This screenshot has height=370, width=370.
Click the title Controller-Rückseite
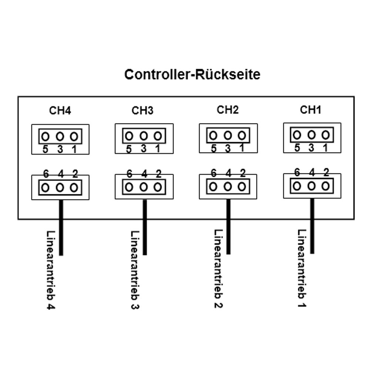tap(192, 74)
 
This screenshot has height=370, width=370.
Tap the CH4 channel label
tap(60, 111)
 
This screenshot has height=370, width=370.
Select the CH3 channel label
tap(142, 110)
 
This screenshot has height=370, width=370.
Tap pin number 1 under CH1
tap(325, 148)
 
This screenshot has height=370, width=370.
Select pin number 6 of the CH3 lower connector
tap(129, 174)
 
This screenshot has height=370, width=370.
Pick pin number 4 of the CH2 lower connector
tap(228, 173)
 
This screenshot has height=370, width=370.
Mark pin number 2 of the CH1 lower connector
tap(326, 172)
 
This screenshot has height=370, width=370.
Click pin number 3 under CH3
tap(144, 149)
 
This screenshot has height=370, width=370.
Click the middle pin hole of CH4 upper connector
tap(60, 137)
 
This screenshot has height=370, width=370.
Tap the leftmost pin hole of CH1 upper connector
tap(297, 135)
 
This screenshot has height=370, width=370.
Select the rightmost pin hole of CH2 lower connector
tap(242, 186)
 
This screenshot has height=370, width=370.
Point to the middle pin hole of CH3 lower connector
tap(144, 187)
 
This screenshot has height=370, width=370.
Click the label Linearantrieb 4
tap(51, 270)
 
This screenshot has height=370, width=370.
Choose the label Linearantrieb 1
tap(302, 268)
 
